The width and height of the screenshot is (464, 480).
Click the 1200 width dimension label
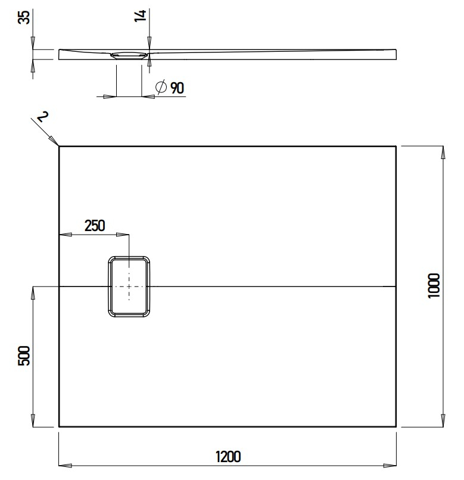228,457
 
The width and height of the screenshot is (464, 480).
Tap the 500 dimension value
24,356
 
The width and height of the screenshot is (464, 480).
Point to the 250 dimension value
94,226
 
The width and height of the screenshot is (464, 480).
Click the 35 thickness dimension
24,17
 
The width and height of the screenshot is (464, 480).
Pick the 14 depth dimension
141,16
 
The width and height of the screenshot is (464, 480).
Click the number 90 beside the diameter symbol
177,88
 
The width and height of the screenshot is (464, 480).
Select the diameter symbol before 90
160,88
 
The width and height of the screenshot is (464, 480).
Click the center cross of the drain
129,286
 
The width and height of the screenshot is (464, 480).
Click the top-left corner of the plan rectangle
59,146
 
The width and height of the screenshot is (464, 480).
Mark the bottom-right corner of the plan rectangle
396,426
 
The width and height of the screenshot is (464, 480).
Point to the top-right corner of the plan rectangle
396,146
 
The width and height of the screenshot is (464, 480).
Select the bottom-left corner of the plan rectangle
59,426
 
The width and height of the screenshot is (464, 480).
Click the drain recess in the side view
129,55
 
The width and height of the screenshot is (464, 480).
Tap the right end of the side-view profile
396,54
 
